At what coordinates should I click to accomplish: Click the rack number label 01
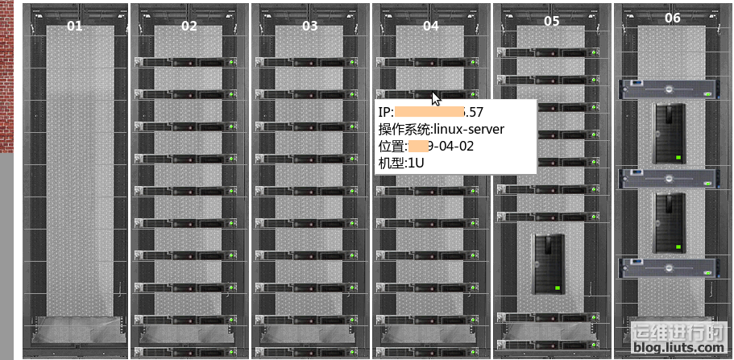click(x=74, y=26)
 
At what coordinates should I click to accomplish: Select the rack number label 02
click(x=189, y=26)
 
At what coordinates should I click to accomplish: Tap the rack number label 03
click(x=309, y=26)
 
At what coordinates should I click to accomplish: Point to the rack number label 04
click(x=431, y=26)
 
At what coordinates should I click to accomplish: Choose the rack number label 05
click(x=551, y=21)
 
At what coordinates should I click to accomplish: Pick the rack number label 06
click(x=672, y=18)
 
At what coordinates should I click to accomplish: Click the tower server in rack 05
click(x=549, y=264)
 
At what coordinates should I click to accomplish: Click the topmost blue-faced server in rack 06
click(x=668, y=89)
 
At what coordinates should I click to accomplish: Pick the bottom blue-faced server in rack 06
click(x=668, y=267)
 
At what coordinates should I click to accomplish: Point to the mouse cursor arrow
click(x=436, y=98)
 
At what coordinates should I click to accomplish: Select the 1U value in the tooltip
click(x=414, y=163)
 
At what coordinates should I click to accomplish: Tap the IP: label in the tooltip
click(x=386, y=112)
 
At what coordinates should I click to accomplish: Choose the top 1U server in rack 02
click(x=188, y=62)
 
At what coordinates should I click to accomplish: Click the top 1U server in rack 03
click(x=309, y=62)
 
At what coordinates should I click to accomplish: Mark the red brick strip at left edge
click(x=6, y=77)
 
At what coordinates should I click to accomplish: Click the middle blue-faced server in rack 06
click(x=668, y=178)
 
